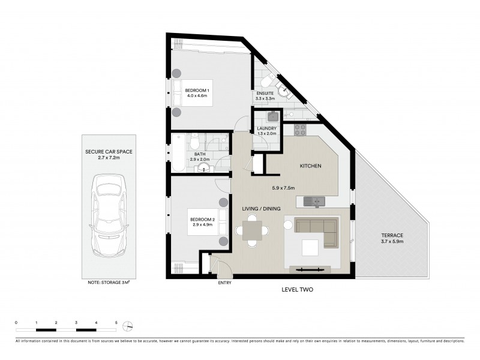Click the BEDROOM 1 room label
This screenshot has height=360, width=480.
[196, 90]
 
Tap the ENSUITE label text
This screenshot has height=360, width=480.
[265, 94]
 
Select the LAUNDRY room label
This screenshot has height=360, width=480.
[266, 128]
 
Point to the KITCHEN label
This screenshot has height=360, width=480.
[311, 166]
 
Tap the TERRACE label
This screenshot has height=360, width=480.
[391, 235]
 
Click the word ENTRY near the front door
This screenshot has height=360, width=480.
[224, 283]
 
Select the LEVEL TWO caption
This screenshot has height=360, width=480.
[298, 289]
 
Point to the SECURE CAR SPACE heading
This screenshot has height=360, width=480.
[109, 152]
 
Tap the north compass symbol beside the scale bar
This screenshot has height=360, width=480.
[128, 326]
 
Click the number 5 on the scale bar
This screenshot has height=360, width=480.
[116, 323]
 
